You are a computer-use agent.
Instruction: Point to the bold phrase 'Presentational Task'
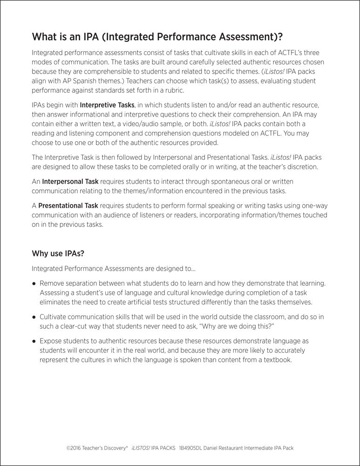[x=68, y=205]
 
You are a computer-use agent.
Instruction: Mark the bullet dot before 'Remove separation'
[x=34, y=283]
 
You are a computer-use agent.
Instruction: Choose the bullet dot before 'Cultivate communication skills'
[x=34, y=317]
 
